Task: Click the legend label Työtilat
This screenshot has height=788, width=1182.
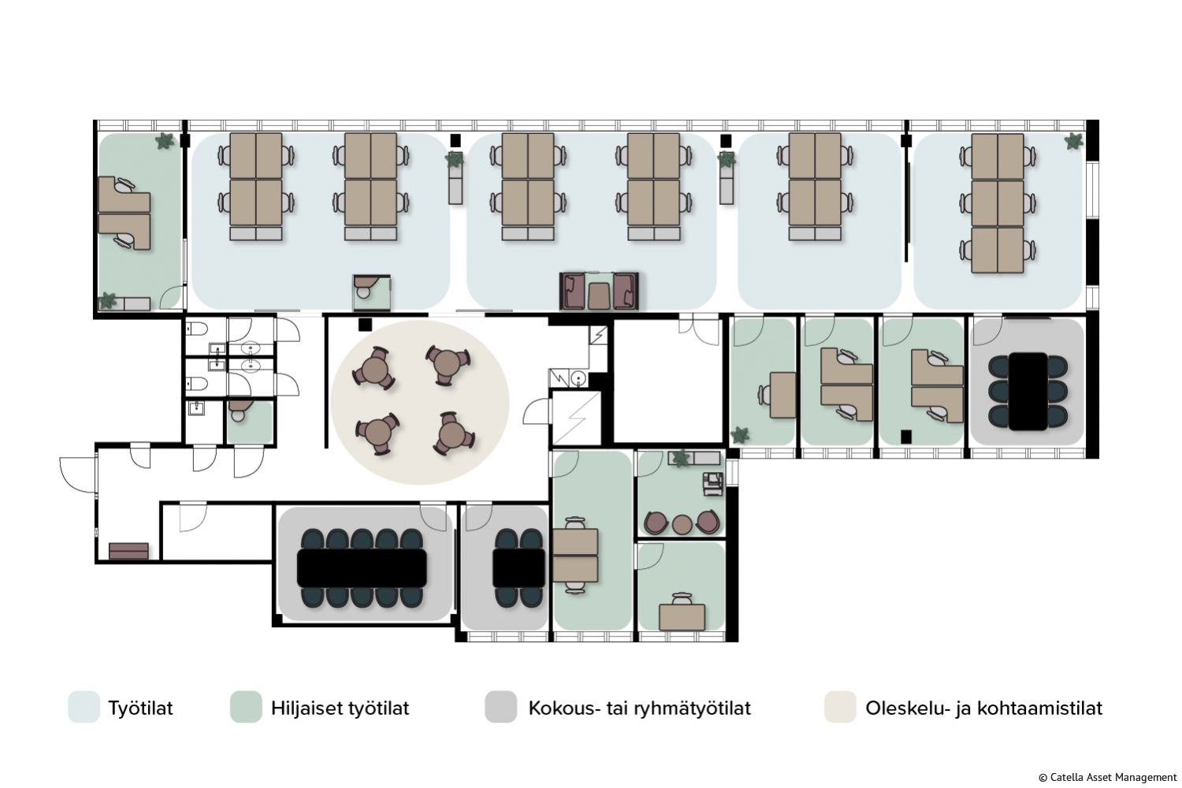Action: click(140, 708)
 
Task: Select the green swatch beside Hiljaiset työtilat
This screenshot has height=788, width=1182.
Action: click(246, 707)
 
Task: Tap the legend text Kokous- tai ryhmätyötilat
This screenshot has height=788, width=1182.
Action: click(639, 708)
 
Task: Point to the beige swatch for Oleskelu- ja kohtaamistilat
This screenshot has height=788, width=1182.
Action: click(840, 707)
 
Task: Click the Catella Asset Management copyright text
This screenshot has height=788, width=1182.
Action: click(1108, 778)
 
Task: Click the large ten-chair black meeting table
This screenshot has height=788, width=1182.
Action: click(362, 568)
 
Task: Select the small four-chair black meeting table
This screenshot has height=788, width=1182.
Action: click(519, 568)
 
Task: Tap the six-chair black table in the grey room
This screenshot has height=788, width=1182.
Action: click(1028, 391)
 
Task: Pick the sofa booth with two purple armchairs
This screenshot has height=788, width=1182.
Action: click(599, 291)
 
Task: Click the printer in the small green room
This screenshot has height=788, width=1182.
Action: click(713, 484)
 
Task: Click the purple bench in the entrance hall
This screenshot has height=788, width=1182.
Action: click(128, 551)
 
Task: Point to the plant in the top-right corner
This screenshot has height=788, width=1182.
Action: click(1073, 142)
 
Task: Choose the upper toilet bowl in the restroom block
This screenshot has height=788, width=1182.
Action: click(197, 329)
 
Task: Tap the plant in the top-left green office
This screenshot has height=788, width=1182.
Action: click(165, 141)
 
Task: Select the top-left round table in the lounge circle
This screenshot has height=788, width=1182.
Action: click(374, 369)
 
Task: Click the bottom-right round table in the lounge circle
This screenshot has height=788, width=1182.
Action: click(453, 434)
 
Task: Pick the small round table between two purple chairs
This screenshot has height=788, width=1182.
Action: click(682, 524)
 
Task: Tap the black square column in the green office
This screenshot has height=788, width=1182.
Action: click(906, 437)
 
